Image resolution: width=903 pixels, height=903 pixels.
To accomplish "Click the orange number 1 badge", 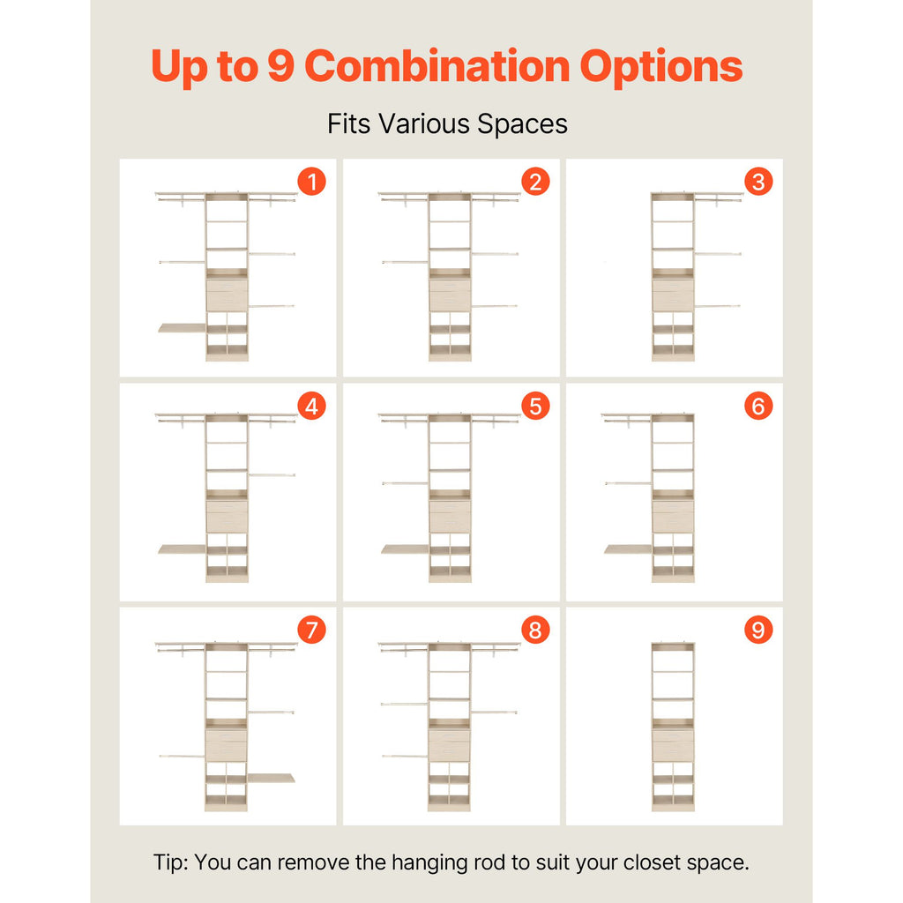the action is (311, 182).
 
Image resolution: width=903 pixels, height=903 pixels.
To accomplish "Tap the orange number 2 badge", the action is (535, 182).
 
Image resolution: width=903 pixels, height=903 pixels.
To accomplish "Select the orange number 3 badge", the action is (758, 182).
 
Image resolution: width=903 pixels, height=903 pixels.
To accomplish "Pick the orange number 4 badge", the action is (311, 406).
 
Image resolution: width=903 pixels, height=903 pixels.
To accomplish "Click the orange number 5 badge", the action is (535, 406).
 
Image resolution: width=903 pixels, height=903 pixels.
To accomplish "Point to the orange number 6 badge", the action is (758, 406).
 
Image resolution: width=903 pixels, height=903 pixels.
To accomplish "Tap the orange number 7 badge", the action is (311, 630).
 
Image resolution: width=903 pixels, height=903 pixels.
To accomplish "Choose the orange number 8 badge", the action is (535, 630).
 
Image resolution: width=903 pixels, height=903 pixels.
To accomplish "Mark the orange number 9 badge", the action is (758, 630).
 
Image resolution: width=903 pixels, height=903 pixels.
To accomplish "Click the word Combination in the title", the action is (437, 66).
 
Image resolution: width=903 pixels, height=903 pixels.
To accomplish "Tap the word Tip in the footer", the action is (170, 862).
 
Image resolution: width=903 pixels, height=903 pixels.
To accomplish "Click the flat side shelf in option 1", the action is (182, 328).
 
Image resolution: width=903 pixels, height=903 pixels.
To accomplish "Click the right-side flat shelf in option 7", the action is (272, 778).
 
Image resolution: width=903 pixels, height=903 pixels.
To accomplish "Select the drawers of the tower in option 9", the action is (673, 745).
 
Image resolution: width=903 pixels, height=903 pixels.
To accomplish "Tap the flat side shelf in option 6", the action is (628, 549).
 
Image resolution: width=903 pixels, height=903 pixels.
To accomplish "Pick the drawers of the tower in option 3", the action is (673, 295).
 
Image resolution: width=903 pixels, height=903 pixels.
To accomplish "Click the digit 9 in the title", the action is (281, 65).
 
